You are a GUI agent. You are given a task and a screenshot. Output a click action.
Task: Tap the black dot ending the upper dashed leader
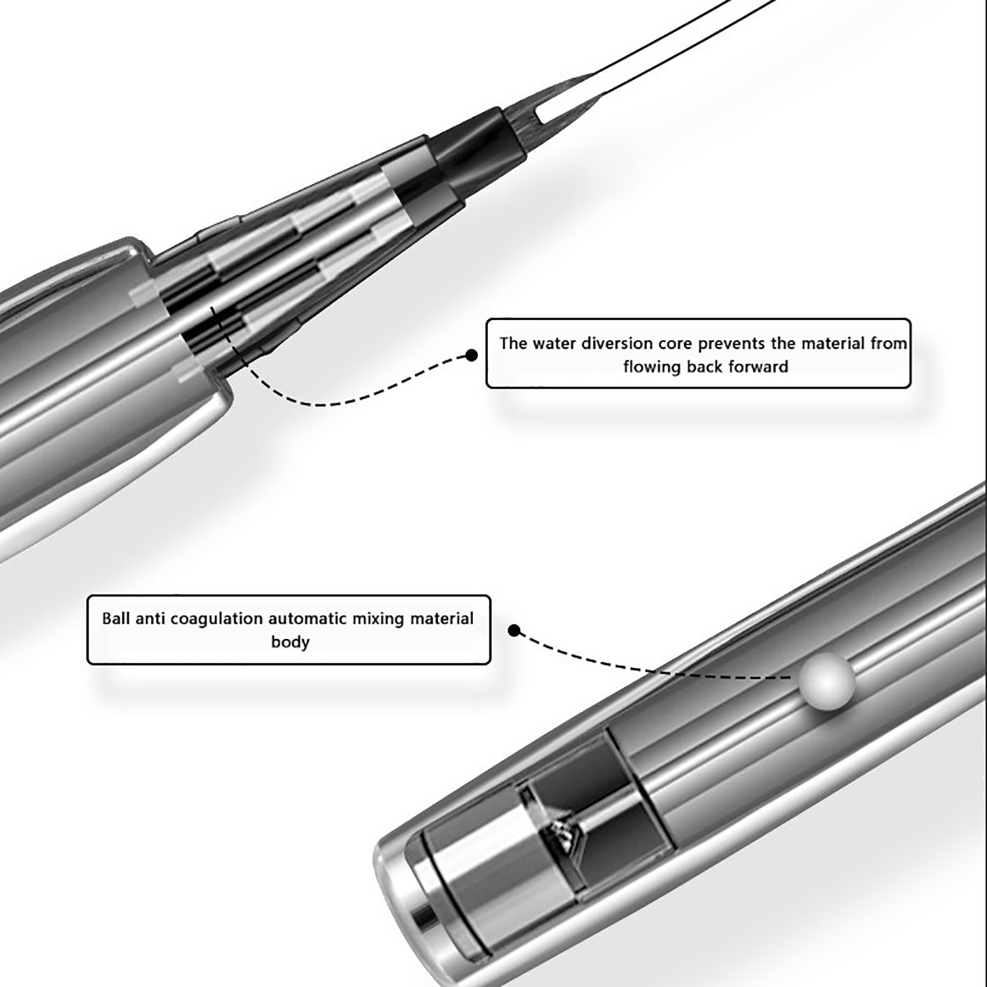(472, 355)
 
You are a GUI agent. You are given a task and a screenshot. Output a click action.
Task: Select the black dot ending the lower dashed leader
(514, 630)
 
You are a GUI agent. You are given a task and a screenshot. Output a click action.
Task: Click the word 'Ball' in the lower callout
(116, 618)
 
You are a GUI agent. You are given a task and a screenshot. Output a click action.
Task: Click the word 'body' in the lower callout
(290, 643)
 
